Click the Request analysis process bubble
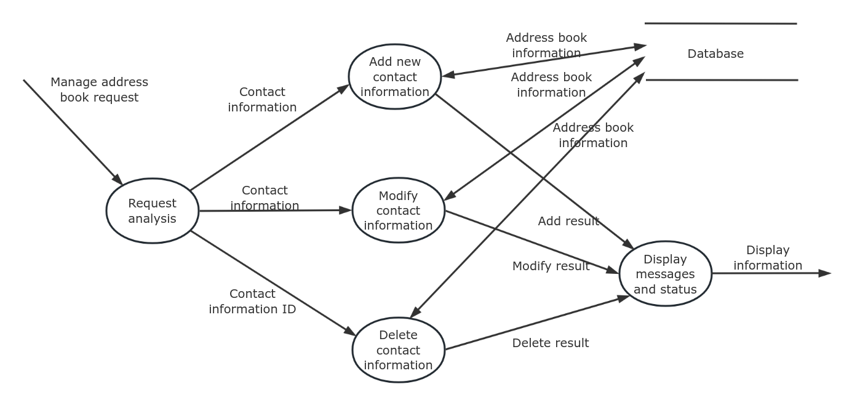point(152,211)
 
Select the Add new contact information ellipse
point(394,76)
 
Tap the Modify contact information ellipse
point(398,211)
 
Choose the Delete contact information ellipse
point(398,350)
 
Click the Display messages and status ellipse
point(665,274)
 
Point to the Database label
point(715,54)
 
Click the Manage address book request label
point(99,90)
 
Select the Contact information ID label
point(252,302)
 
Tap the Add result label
point(568,221)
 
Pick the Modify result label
point(551,266)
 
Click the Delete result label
point(550,343)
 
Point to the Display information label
point(767,257)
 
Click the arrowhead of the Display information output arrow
point(825,273)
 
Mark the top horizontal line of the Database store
point(720,23)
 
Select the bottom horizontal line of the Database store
point(722,80)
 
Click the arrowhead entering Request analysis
point(117,179)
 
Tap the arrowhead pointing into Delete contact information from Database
point(415,313)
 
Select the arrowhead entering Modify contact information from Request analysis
point(346,211)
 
